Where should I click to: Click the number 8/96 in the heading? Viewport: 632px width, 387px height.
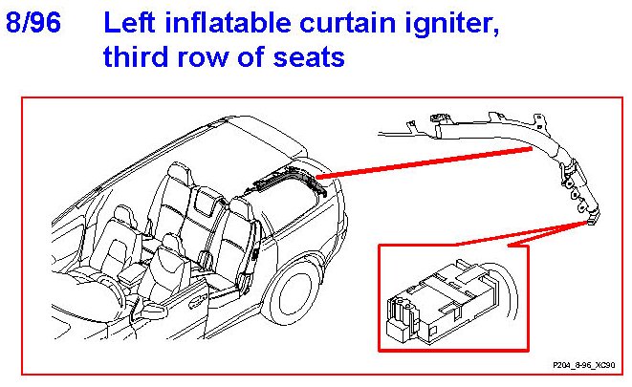pyautogui.click(x=33, y=23)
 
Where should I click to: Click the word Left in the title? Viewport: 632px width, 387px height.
pyautogui.click(x=129, y=23)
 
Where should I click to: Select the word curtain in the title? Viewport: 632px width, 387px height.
pyautogui.click(x=347, y=23)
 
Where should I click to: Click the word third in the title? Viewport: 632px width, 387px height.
pyautogui.click(x=136, y=56)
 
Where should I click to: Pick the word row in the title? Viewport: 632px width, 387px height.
pyautogui.click(x=203, y=58)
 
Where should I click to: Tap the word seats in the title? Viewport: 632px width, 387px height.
pyautogui.click(x=309, y=57)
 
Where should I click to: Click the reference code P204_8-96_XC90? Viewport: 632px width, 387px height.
pyautogui.click(x=584, y=365)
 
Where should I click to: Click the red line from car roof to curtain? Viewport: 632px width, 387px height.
pyautogui.click(x=425, y=162)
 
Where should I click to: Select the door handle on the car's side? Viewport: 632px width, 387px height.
pyautogui.click(x=198, y=298)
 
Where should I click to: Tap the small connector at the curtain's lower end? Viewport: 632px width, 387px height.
pyautogui.click(x=594, y=218)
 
